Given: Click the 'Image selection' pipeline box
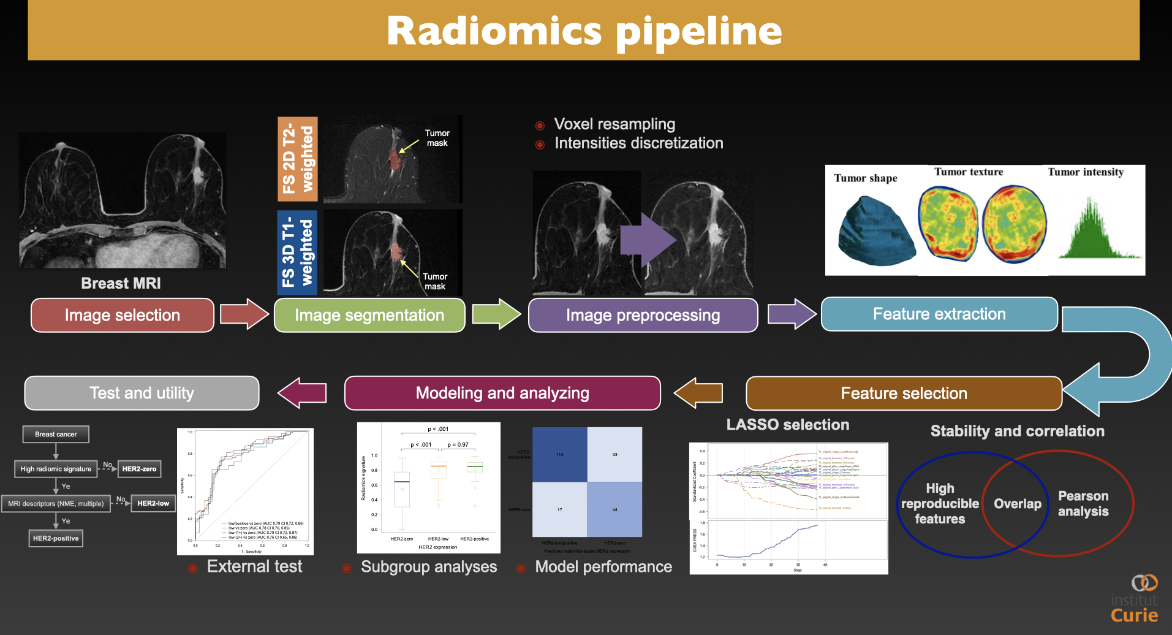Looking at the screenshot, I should [x=122, y=315].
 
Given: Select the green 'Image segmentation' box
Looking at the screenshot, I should [x=369, y=315].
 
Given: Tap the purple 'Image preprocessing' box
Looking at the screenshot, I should [x=643, y=315].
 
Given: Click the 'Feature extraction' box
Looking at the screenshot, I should [x=939, y=314].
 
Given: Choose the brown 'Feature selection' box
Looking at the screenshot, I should [x=904, y=393].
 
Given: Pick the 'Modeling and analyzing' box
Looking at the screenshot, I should [x=502, y=393].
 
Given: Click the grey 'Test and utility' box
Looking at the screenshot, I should [x=142, y=393].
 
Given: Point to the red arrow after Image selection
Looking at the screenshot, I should [x=244, y=314].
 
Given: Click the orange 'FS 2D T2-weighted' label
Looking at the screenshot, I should [x=298, y=159].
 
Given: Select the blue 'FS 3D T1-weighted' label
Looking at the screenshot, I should [x=297, y=253].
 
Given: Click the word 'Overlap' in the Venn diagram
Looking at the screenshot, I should [x=1017, y=504].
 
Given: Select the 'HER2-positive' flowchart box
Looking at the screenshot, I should [x=56, y=538].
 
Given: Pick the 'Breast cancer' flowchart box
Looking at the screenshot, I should [x=56, y=434].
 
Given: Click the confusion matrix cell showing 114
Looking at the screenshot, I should [x=559, y=454].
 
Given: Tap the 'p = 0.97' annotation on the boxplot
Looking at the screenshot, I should [x=458, y=444].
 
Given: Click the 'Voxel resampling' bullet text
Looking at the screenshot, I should [x=614, y=124].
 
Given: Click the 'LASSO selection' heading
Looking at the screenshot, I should [x=787, y=424].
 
